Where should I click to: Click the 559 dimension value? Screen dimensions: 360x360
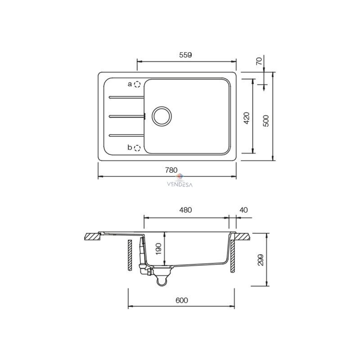tap(185, 55)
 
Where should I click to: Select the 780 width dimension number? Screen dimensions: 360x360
tap(171, 170)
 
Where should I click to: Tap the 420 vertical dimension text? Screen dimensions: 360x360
tap(246, 118)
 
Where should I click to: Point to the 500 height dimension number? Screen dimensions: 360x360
tap(265, 121)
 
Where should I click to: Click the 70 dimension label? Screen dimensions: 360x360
tap(259, 61)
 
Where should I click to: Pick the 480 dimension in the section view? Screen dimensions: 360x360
tap(185, 210)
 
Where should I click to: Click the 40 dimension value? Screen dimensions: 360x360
tap(243, 210)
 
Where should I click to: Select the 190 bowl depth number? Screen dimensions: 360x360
tap(158, 249)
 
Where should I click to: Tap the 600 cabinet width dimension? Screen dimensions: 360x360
tap(182, 300)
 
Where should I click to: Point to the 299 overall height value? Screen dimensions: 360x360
tap(261, 260)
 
